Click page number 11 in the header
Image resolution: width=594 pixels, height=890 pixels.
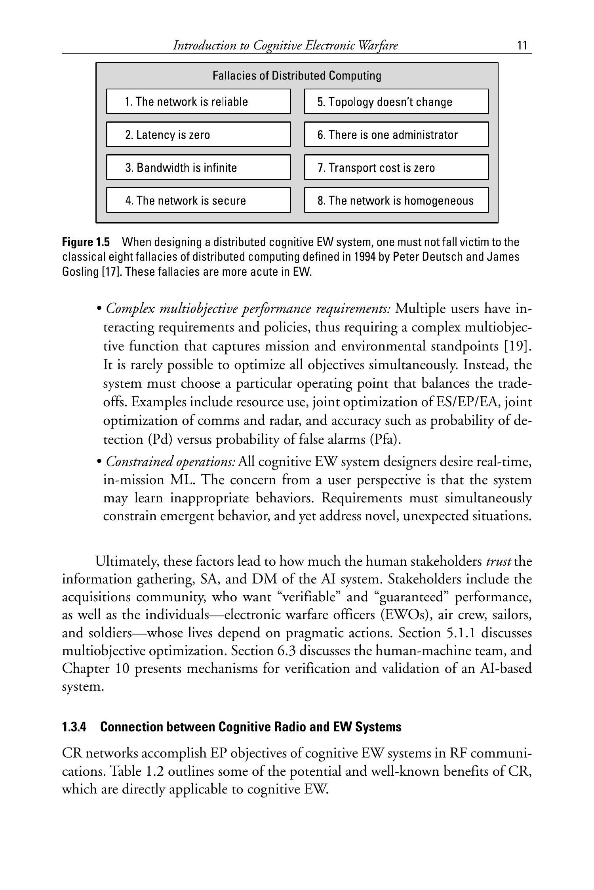[522, 45]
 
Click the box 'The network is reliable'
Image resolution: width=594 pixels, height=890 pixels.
[198, 102]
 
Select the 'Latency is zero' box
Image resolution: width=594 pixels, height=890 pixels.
[198, 134]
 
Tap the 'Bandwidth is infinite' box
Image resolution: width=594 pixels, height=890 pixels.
[198, 167]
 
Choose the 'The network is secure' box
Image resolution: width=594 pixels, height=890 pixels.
[198, 200]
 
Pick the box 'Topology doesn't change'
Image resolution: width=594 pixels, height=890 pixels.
[396, 102]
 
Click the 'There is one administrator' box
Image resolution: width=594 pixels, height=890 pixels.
[396, 134]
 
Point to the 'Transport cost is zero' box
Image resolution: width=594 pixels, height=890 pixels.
[396, 167]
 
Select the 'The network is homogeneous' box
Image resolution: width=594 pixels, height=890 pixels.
[396, 200]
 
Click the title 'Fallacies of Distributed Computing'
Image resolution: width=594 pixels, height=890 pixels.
[297, 76]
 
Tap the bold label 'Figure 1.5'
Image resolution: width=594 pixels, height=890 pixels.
[86, 242]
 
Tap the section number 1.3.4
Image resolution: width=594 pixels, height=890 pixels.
[74, 727]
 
